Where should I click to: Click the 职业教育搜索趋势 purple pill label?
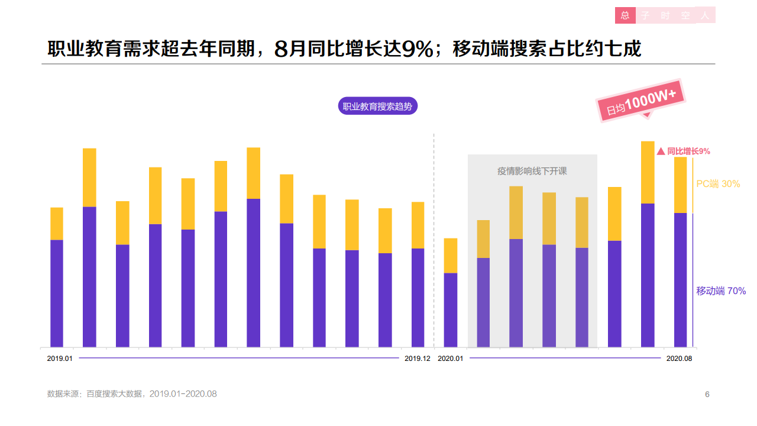(377, 106)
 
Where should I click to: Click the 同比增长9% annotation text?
(688, 151)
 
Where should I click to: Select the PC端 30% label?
(718, 184)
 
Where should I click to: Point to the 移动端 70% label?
(721, 291)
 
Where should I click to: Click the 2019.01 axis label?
(60, 359)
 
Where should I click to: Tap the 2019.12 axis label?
(418, 359)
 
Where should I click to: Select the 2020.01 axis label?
(450, 359)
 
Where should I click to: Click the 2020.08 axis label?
(679, 359)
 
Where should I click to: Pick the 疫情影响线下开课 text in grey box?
(532, 172)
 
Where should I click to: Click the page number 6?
(707, 394)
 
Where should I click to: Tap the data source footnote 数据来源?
(132, 394)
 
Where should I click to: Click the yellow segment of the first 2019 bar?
(57, 224)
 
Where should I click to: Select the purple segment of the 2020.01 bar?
(451, 309)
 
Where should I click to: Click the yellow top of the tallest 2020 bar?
(648, 172)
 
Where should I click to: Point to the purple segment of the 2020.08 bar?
(680, 279)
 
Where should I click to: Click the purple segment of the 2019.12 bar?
(418, 297)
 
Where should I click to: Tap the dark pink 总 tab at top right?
(625, 15)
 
